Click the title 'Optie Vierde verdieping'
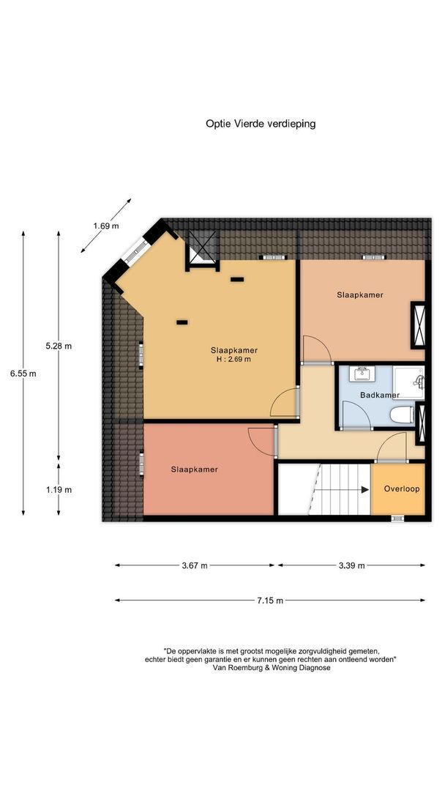(260, 124)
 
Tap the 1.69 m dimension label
(105, 226)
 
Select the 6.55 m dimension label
(23, 373)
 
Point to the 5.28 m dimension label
(59, 345)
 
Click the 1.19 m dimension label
(59, 489)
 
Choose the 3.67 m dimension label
(194, 565)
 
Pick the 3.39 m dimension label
(351, 565)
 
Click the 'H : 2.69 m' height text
(233, 359)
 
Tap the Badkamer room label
(380, 395)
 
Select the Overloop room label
(402, 489)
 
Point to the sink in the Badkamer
(363, 374)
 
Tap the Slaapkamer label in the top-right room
(360, 294)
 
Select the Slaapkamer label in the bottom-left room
(195, 469)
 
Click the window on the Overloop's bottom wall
(397, 519)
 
